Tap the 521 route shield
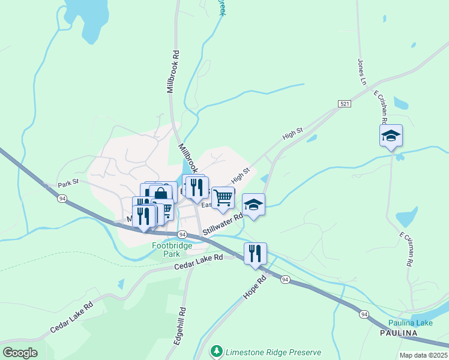344,104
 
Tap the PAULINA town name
399,332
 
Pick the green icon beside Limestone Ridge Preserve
216,350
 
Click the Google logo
20,352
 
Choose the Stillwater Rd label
222,224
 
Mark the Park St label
68,184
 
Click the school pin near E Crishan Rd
391,136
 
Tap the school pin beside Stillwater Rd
253,205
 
